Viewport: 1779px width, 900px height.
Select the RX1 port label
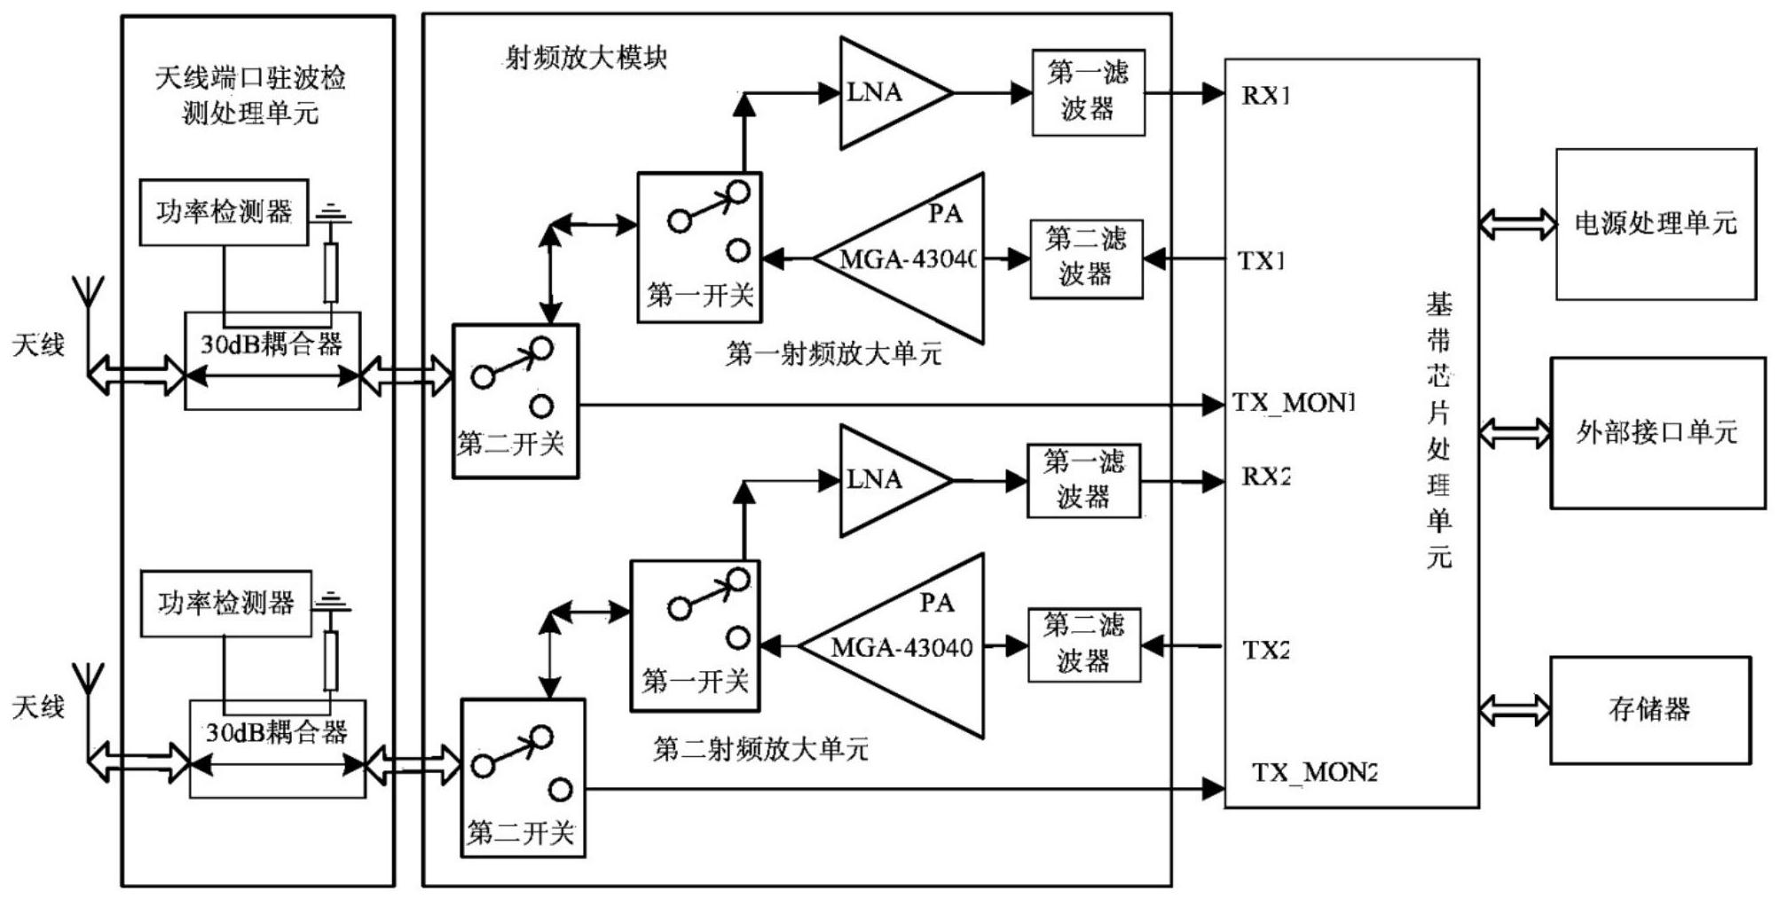point(1265,95)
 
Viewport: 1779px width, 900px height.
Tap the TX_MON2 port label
point(1314,772)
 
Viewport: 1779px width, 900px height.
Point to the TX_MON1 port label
point(1294,403)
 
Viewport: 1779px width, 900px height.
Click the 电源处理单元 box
point(1655,224)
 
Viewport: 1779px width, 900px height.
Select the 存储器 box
point(1649,709)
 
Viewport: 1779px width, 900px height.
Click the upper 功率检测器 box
point(224,212)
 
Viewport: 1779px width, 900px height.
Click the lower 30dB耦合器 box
point(278,748)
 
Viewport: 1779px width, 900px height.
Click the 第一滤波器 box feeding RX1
point(1088,92)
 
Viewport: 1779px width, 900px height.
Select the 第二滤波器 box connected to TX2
point(1083,644)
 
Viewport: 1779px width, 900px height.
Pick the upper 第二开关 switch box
point(515,401)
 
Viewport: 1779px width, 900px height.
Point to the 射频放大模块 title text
point(586,59)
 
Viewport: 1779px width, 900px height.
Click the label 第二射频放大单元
point(760,750)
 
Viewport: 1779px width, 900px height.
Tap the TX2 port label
point(1265,650)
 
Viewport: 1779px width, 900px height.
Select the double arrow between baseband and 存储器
point(1515,710)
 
